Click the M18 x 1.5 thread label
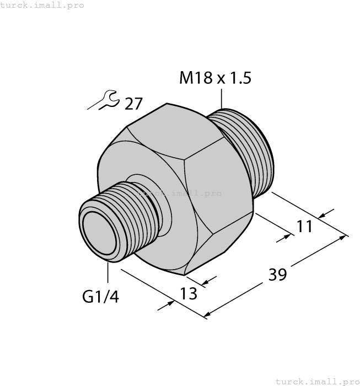[215, 78]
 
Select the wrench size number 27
[133, 103]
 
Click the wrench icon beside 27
[103, 101]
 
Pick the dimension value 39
[278, 274]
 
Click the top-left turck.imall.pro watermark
[42, 5]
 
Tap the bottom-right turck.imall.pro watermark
[316, 381]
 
